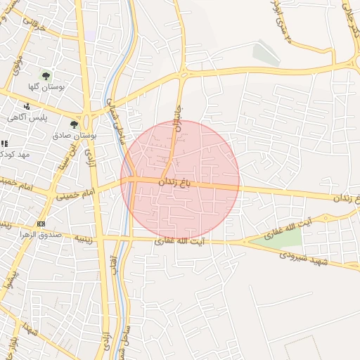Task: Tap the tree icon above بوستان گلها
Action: (x=46, y=75)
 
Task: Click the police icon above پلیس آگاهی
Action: (x=27, y=106)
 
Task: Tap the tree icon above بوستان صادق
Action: (x=74, y=124)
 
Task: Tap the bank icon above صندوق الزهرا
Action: (x=41, y=224)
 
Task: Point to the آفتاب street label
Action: (x=115, y=250)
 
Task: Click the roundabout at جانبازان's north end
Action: (x=184, y=72)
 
